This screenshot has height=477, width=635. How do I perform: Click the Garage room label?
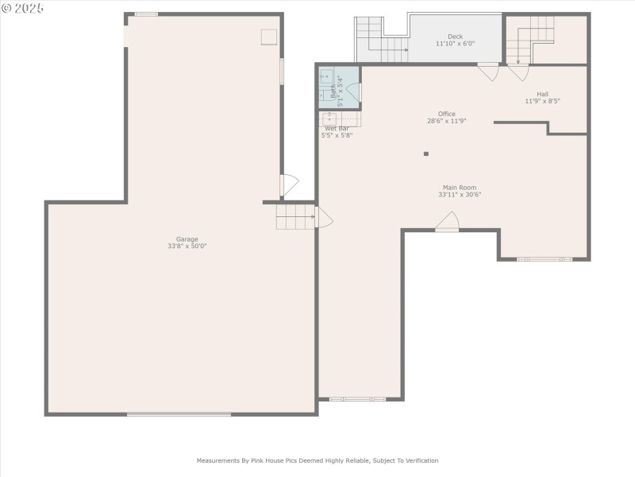187,239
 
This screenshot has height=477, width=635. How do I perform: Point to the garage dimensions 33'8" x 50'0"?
187,246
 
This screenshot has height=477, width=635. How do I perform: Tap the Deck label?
455,37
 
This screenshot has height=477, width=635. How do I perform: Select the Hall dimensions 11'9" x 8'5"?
542,101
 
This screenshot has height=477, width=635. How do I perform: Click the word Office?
447,114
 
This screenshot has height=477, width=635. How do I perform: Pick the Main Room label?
460,188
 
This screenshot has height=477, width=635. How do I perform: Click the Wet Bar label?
337,128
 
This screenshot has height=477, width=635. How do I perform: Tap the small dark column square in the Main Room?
426,153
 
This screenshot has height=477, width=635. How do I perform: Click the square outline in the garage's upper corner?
270,37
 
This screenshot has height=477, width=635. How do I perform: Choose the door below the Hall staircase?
518,72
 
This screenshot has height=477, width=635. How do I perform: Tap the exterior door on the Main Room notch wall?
447,222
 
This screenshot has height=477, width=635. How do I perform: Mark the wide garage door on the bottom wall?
179,413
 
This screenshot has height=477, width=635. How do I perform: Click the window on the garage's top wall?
146,14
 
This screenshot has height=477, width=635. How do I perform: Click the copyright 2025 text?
23,7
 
